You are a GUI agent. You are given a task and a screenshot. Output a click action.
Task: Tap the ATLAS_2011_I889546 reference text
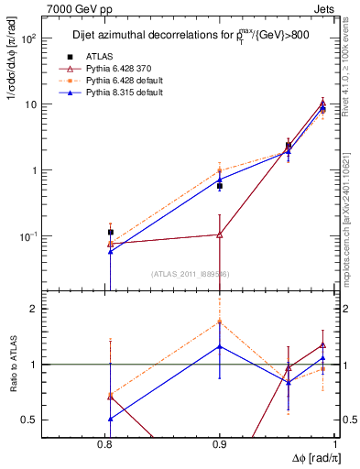pos(191,274)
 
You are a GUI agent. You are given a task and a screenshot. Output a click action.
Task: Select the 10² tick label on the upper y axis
pos(28,38)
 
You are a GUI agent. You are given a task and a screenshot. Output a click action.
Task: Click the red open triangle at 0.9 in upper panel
pos(220,234)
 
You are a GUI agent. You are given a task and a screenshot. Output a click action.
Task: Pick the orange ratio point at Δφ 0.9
pos(220,322)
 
